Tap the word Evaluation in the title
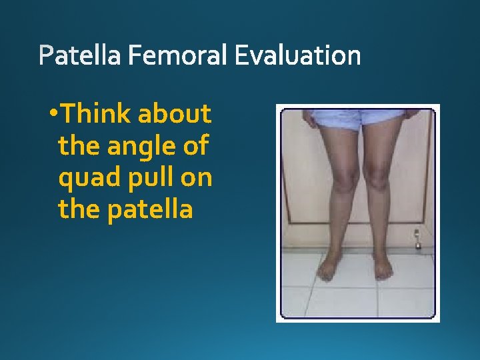(297, 56)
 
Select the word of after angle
(195, 146)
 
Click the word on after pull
(197, 178)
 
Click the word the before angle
(76, 146)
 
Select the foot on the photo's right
(382, 267)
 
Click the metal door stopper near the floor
(418, 237)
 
